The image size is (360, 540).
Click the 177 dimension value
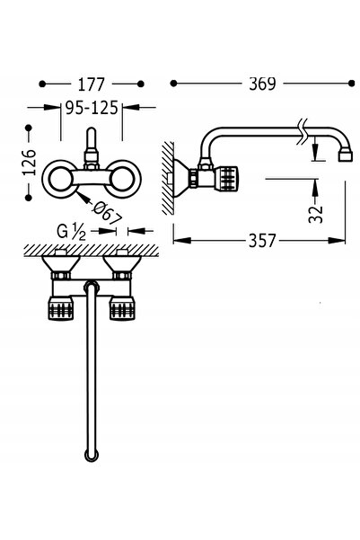pyautogui.click(x=91, y=84)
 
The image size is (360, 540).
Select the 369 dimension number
pyautogui.click(x=262, y=84)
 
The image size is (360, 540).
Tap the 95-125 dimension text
pyautogui.click(x=92, y=108)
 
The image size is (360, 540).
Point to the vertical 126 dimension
pyautogui.click(x=30, y=163)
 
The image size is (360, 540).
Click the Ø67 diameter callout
pyautogui.click(x=108, y=212)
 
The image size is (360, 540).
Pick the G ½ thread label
pyautogui.click(x=71, y=232)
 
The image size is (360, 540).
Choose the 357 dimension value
pyautogui.click(x=262, y=241)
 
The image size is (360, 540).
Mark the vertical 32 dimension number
pyautogui.click(x=316, y=214)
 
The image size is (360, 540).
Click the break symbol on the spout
pyautogui.click(x=303, y=132)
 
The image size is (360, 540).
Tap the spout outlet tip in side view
pyautogui.click(x=346, y=155)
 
